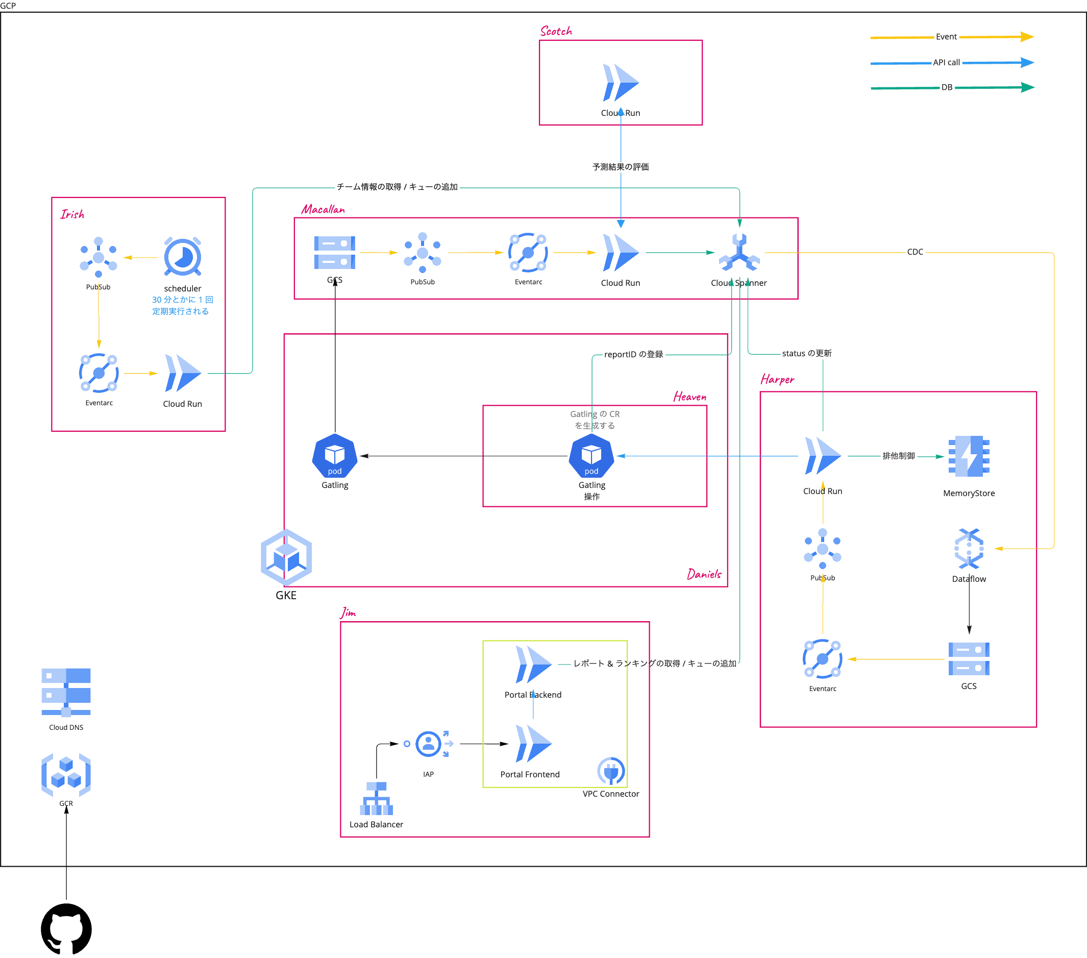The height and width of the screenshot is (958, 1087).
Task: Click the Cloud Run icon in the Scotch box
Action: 620,83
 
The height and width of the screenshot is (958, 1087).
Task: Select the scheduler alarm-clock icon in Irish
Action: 182,257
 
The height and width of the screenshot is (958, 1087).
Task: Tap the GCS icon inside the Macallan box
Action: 334,253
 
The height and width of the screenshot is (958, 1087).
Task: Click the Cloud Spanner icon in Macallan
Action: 739,253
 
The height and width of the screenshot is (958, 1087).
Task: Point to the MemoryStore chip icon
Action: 969,456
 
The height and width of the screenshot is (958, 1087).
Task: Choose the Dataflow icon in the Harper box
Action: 969,549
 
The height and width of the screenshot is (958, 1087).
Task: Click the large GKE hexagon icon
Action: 286,557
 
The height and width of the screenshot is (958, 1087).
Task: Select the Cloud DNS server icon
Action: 66,692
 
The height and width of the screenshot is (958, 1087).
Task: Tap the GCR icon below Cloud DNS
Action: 66,775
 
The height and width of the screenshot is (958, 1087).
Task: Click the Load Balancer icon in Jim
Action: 376,798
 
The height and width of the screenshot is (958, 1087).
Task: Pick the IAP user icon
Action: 429,744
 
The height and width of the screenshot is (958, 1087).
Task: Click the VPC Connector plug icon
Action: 610,771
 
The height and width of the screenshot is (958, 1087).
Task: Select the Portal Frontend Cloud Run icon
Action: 533,744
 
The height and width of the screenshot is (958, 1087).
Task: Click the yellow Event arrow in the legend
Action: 1026,37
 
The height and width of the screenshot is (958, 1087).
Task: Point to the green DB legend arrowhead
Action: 1027,87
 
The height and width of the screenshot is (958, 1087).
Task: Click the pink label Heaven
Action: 690,397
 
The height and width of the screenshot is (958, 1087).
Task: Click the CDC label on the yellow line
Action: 915,252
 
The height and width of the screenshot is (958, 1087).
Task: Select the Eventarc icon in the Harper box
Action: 822,659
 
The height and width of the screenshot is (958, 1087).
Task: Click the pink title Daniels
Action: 704,575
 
